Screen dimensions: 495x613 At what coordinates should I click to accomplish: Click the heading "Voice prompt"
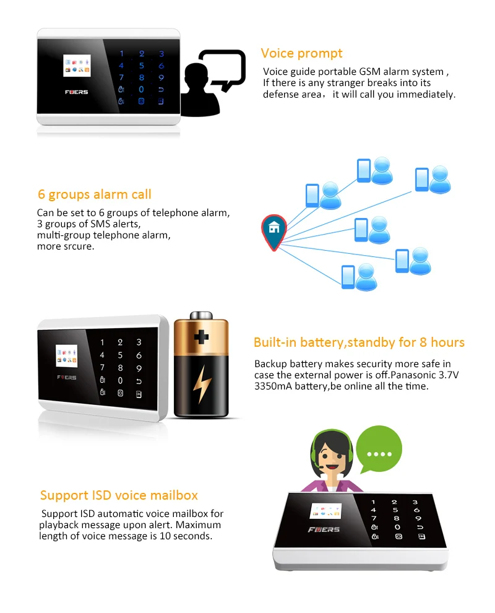(301, 54)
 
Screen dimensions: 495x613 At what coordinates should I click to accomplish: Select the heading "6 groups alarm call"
(94, 194)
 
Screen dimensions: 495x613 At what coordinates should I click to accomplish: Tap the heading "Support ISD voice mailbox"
(119, 495)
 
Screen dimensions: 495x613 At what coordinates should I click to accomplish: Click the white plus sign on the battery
(200, 337)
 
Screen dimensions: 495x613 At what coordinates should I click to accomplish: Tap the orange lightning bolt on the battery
(202, 385)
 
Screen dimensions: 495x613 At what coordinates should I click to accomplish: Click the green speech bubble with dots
(379, 453)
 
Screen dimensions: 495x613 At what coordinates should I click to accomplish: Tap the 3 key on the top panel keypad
(161, 54)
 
